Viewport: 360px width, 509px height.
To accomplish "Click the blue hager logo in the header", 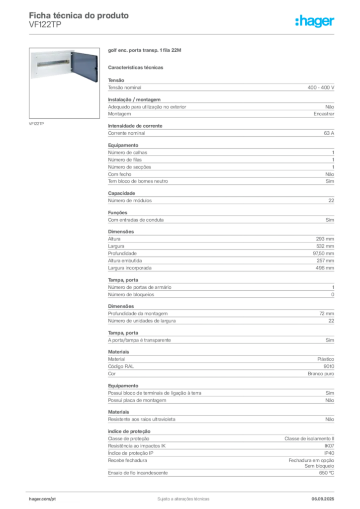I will click(x=316, y=22).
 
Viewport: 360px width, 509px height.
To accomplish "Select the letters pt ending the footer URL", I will click(x=54, y=498).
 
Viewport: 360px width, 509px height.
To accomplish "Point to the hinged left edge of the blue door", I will click(x=73, y=65).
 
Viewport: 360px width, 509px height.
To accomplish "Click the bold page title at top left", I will click(x=80, y=15).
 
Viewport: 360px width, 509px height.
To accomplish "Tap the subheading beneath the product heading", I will click(x=137, y=67).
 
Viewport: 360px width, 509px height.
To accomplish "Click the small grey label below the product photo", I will click(x=38, y=123).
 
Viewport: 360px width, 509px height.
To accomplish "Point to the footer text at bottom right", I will click(x=326, y=497).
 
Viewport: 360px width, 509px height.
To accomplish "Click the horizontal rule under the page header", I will click(x=183, y=34).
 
